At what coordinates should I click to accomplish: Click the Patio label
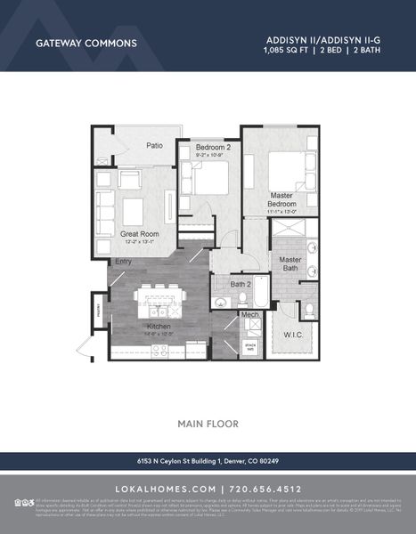[x=154, y=145]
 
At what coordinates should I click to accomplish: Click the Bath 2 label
[x=240, y=284]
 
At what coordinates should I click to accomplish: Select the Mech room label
[x=250, y=314]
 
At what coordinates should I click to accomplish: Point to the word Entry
[x=122, y=261]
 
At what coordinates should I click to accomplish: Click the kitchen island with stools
[x=160, y=303]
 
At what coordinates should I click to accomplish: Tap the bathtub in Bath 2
[x=260, y=293]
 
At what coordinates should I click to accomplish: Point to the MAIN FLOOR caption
[x=208, y=423]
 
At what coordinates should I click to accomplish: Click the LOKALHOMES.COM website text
[x=166, y=489]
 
